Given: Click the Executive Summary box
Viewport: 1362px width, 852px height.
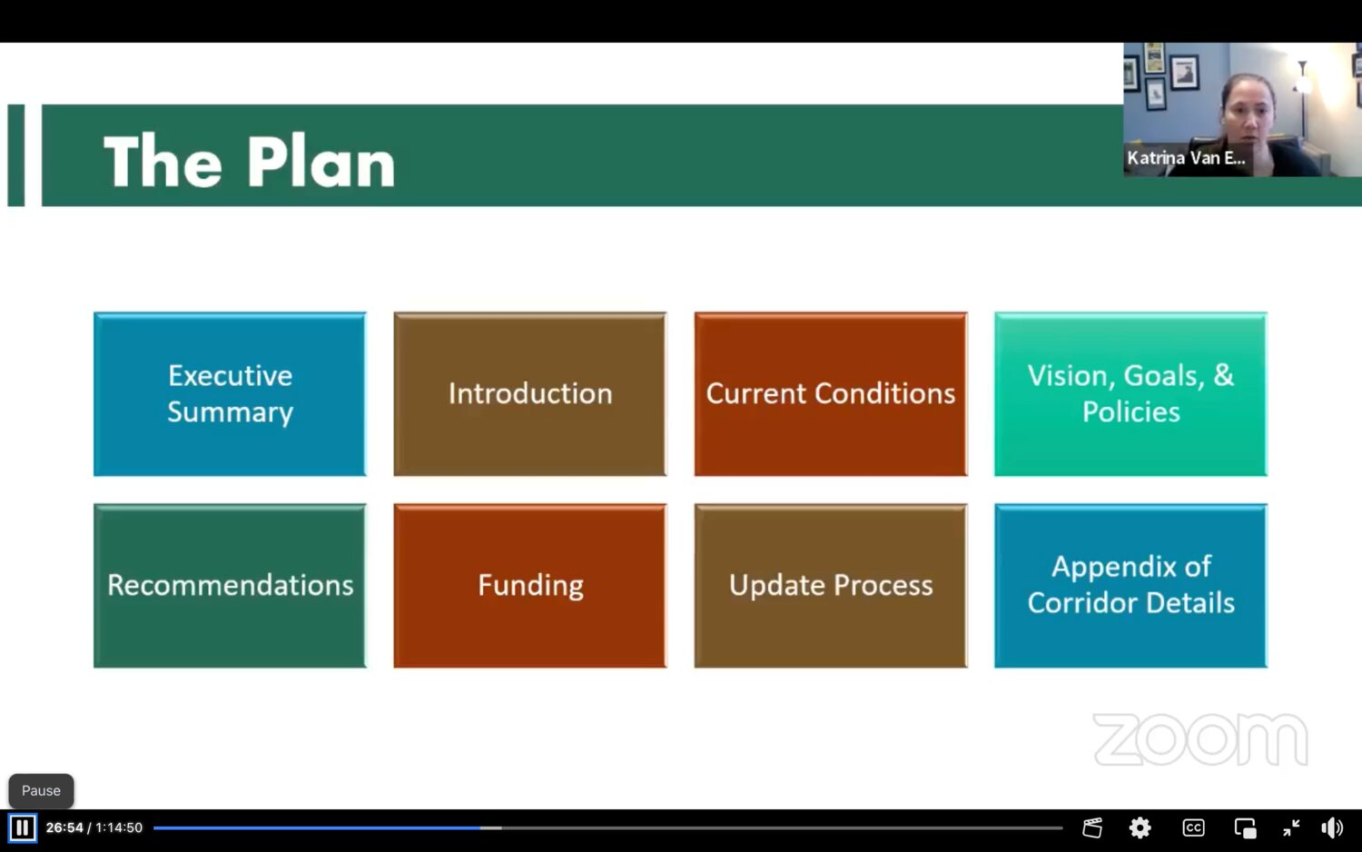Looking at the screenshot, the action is click(x=230, y=394).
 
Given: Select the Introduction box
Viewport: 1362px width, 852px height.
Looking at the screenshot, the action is click(x=530, y=394).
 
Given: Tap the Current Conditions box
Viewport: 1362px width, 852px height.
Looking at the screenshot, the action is click(x=831, y=394).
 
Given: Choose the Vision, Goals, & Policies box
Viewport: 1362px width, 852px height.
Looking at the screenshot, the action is click(x=1131, y=394).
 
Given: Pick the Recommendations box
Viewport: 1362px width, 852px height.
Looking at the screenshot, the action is click(x=230, y=586).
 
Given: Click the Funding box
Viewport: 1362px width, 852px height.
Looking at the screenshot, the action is click(x=530, y=586).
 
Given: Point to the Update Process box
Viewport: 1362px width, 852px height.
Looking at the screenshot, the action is click(x=831, y=586).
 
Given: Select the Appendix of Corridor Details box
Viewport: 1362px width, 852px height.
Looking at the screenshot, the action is click(x=1131, y=586).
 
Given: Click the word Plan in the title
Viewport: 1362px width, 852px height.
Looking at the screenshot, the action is click(x=321, y=162).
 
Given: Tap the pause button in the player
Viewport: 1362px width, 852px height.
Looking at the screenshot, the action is click(x=23, y=827).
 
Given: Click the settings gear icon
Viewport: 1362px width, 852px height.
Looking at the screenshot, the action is click(x=1140, y=827).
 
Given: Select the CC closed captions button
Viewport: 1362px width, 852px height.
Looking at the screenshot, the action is click(x=1193, y=827).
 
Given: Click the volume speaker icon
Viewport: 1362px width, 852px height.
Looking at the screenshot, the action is click(x=1332, y=827).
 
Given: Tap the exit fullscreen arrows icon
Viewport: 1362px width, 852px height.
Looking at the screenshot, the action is click(x=1291, y=827).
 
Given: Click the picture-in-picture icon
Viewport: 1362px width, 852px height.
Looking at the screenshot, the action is click(x=1245, y=828).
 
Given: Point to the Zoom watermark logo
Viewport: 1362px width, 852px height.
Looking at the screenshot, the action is click(x=1200, y=739).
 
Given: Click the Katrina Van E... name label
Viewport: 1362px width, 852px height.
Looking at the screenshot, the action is click(x=1186, y=158).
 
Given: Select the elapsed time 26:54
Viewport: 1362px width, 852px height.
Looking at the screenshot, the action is click(x=64, y=827).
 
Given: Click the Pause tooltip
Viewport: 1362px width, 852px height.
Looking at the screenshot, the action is click(x=42, y=790).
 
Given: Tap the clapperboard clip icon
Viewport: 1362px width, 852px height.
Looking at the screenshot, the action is click(x=1092, y=827).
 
